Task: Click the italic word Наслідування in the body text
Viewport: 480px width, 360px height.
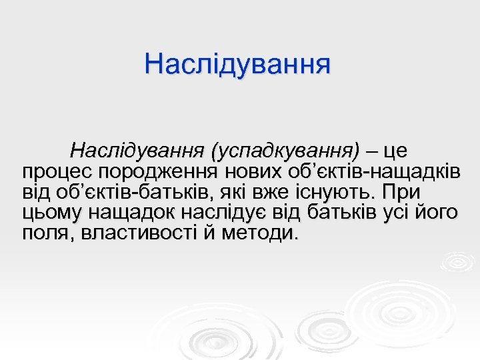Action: click(139, 151)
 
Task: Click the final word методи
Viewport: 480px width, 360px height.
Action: click(259, 234)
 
